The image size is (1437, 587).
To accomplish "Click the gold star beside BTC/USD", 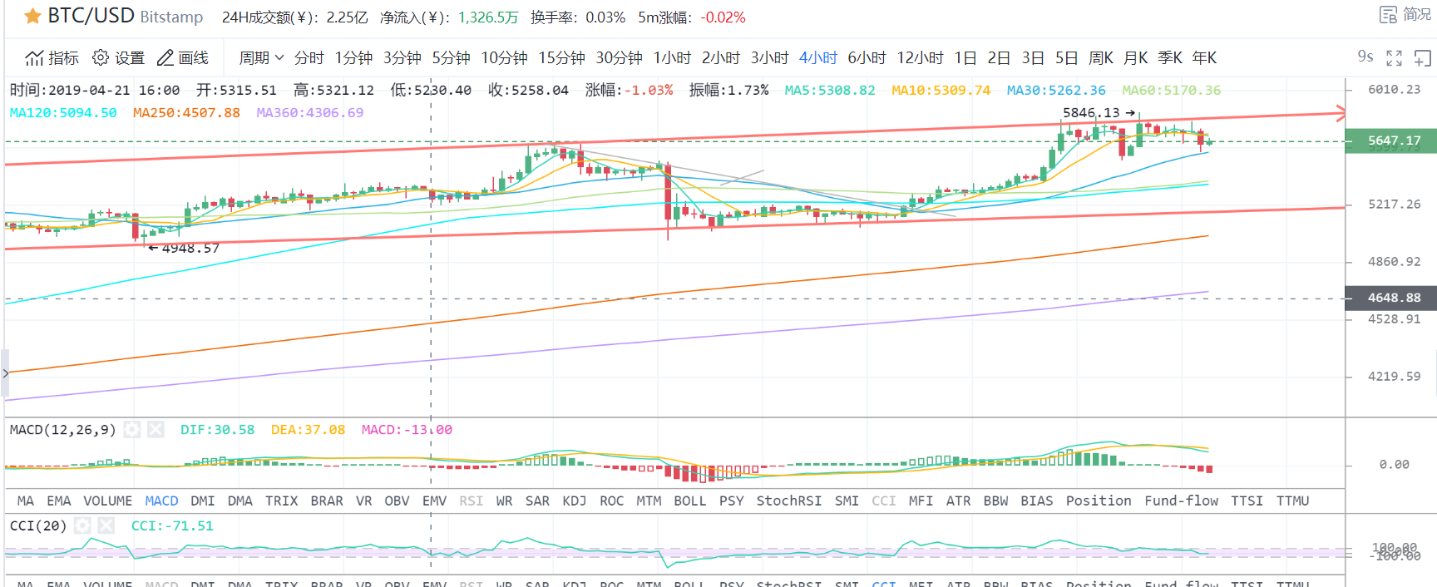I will [33, 17].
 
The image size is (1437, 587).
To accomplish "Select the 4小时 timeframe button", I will [817, 57].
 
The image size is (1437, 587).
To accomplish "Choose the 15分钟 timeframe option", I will [561, 57].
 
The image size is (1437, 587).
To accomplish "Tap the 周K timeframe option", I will [1100, 57].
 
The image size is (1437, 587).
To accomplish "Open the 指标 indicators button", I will [52, 57].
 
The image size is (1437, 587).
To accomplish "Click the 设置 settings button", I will [118, 57].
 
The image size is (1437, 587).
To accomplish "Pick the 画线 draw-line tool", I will [183, 57].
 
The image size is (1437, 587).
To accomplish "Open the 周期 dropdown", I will [261, 57].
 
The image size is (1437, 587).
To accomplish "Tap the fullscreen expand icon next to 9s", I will [1394, 57].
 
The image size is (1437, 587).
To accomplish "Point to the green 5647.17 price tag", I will [1391, 141].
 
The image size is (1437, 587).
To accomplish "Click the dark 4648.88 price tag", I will [1391, 298].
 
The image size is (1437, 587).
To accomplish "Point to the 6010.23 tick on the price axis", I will [1394, 89].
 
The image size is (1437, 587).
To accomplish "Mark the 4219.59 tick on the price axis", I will [1394, 376].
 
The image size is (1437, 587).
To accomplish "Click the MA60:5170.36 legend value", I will [1171, 90].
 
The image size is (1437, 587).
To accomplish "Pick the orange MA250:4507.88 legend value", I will [186, 112].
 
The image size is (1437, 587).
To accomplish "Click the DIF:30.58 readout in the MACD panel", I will [217, 430].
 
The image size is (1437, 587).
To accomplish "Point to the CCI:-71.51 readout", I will [172, 525].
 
